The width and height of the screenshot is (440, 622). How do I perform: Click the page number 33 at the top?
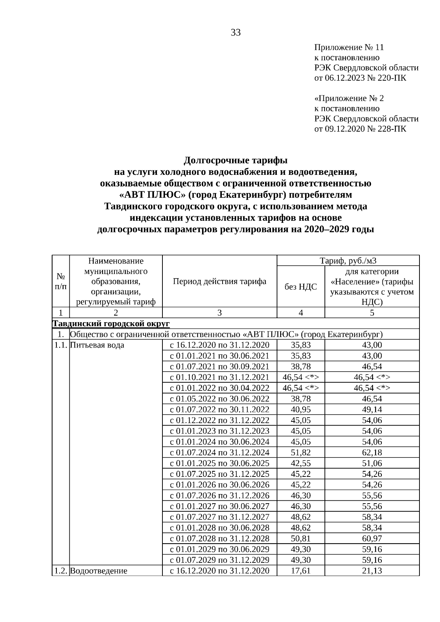tap(236, 33)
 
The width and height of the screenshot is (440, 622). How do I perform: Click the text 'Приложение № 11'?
tap(349, 48)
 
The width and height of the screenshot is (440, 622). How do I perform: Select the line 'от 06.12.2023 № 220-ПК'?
tap(360, 78)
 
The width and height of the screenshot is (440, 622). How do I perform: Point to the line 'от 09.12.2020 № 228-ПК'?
tap(360, 129)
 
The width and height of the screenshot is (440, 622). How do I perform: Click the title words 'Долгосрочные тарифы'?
tap(235, 161)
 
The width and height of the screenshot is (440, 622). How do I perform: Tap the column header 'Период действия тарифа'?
tap(219, 281)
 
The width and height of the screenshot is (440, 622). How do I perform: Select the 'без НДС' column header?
tap(301, 287)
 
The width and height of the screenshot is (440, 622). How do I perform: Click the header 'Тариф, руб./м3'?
tap(348, 261)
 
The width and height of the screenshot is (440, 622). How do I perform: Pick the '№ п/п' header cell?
tap(60, 281)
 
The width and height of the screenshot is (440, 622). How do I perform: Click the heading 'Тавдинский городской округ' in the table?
tap(111, 324)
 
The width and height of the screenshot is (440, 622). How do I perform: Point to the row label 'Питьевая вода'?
tap(97, 345)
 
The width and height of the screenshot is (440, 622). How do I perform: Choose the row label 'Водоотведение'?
tap(99, 571)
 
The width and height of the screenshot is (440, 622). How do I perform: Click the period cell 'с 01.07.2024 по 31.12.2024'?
tap(219, 453)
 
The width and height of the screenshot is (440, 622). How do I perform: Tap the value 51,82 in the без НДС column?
tap(301, 453)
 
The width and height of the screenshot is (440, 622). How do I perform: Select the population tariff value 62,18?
tap(372, 453)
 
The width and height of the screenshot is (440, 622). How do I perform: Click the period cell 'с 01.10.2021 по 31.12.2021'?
tap(219, 377)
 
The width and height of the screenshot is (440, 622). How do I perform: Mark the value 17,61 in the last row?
tap(301, 571)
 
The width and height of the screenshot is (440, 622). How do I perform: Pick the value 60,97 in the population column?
tap(372, 539)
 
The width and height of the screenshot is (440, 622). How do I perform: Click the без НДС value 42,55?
tap(301, 463)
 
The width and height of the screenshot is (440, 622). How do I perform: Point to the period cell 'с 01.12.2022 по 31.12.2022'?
tap(219, 420)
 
